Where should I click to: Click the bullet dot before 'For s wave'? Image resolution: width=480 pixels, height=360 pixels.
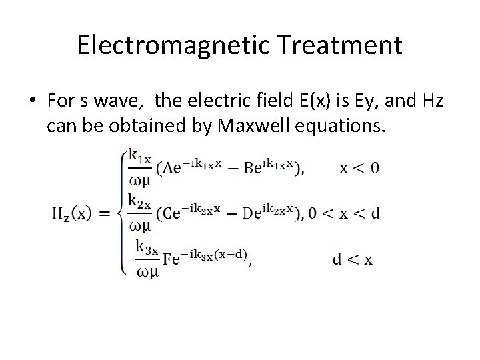[x=32, y=101]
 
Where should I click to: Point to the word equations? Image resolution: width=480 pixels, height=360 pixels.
[x=345, y=125]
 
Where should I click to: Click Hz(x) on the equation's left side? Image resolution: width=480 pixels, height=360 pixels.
[x=71, y=213]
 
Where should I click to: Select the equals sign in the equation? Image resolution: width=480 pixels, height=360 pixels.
[x=105, y=213]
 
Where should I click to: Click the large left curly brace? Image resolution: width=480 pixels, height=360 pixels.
[x=121, y=213]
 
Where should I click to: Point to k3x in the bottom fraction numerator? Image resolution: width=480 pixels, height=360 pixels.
[x=147, y=247]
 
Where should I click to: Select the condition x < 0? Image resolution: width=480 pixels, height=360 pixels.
[x=359, y=167]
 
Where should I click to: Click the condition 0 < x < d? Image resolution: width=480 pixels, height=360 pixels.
[x=346, y=213]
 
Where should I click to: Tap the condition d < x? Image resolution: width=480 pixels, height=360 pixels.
[x=352, y=260]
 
